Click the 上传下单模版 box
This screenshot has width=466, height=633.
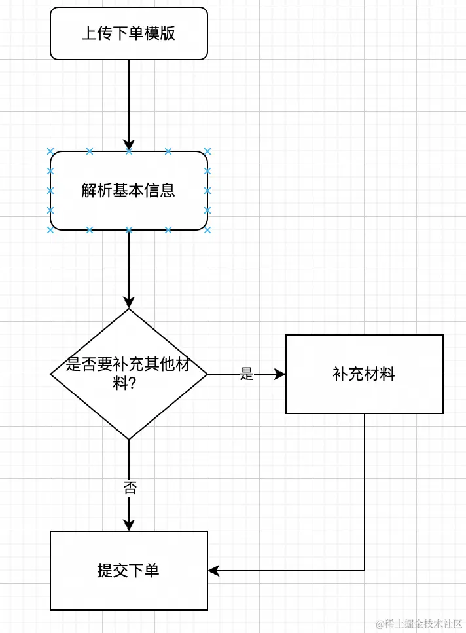tap(129, 33)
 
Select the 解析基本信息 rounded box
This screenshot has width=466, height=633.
tap(129, 191)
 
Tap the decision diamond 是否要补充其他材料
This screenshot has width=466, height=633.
tap(129, 374)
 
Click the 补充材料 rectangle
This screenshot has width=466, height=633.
tap(365, 374)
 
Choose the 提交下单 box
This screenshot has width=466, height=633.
tap(129, 571)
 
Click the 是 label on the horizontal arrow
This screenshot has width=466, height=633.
tap(247, 374)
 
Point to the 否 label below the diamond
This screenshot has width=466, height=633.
tap(130, 488)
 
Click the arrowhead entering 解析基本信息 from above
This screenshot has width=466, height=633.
tap(129, 145)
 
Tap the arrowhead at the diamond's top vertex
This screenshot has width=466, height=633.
tap(129, 303)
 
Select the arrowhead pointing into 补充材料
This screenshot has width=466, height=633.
tap(280, 374)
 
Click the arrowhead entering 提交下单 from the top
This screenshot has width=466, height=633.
tap(129, 526)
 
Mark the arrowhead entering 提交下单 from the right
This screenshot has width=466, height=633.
tap(213, 571)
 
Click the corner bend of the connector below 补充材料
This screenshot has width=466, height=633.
tap(365, 571)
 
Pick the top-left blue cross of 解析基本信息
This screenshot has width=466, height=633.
tap(50, 151)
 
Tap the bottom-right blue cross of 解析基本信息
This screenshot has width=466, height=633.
tap(207, 230)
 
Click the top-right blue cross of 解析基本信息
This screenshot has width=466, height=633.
tap(207, 151)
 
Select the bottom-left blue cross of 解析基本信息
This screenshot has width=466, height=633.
tap(50, 230)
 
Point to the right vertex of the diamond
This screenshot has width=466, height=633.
tap(207, 374)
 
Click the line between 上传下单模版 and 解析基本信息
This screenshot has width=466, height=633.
tap(129, 98)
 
